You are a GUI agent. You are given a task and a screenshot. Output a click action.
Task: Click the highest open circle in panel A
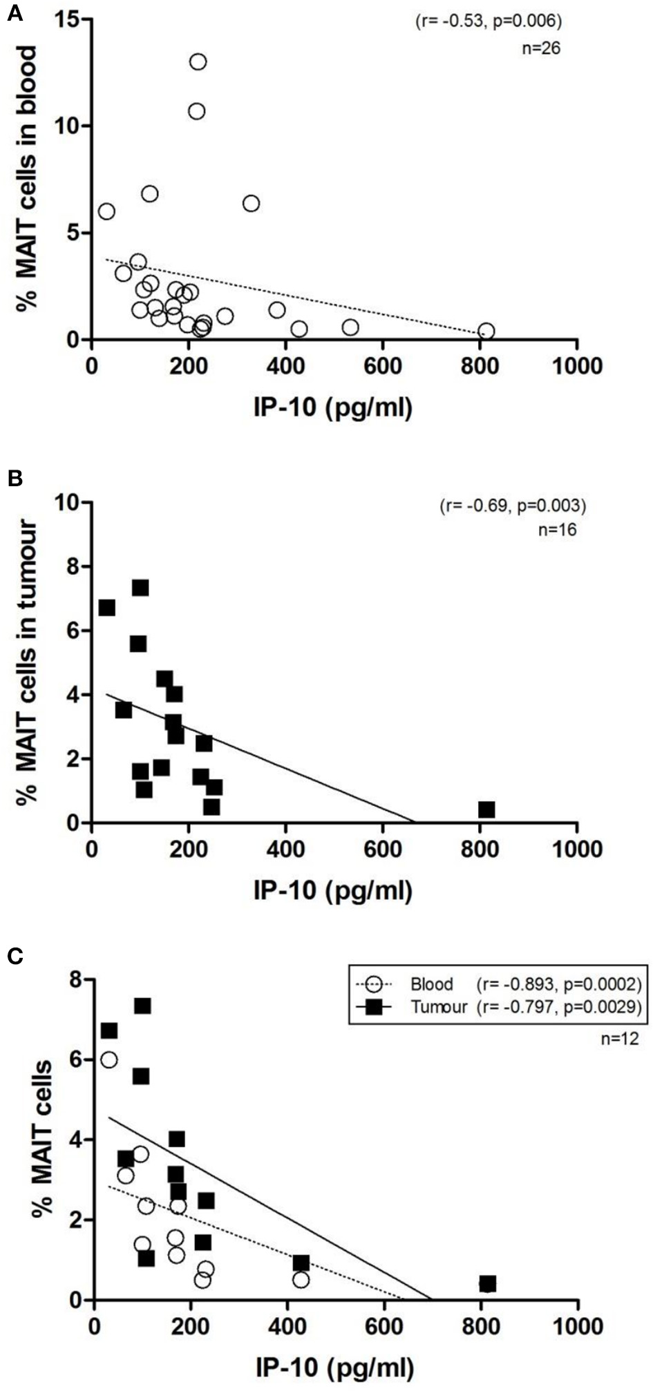click(x=198, y=62)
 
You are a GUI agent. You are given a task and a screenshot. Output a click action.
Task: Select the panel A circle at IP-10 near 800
click(x=486, y=332)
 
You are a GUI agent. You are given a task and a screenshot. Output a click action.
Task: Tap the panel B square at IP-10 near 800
click(x=486, y=809)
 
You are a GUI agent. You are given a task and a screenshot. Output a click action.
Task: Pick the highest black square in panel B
click(x=141, y=588)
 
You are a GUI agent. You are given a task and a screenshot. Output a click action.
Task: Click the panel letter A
click(x=15, y=14)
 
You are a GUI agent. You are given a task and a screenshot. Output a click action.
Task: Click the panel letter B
click(x=15, y=478)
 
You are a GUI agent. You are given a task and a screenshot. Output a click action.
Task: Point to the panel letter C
click(x=15, y=956)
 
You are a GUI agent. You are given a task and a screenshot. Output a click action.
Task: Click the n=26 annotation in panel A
click(x=540, y=48)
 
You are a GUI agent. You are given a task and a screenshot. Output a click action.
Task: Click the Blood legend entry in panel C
click(x=431, y=984)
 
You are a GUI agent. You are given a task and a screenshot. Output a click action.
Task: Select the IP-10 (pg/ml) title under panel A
click(x=334, y=407)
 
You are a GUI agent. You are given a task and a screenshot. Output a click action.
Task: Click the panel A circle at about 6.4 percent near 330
click(x=251, y=204)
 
